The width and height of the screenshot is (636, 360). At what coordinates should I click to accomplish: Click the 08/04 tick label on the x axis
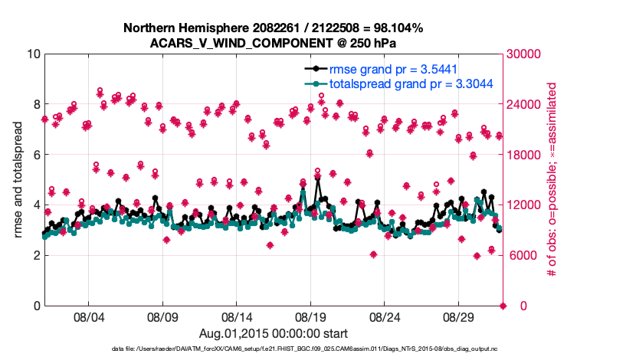[88, 317]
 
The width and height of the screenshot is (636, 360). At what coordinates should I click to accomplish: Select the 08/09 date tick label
[162, 317]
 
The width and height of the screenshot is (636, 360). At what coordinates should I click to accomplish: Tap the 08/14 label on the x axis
[237, 317]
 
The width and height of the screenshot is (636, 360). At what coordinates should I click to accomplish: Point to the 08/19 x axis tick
[311, 317]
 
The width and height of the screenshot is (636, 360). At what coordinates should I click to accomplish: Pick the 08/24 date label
[385, 317]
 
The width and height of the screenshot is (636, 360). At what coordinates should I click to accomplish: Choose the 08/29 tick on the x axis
[460, 317]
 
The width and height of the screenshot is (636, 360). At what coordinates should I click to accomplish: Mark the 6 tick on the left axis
[36, 155]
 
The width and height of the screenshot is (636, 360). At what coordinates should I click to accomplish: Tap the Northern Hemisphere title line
[273, 28]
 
